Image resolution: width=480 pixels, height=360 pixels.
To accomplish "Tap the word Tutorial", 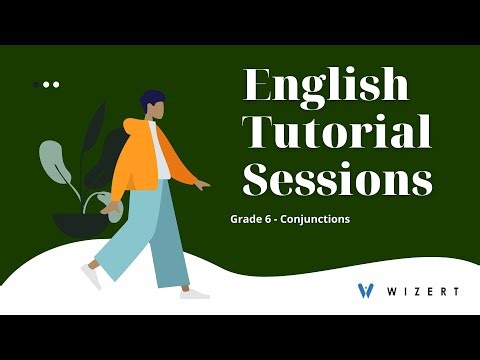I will pos(338,132).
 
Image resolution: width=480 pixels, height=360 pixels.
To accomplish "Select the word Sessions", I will pos(338,181).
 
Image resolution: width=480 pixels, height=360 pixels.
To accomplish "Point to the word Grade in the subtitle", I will pos(244,218).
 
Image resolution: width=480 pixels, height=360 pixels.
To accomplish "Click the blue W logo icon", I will pos(366,291).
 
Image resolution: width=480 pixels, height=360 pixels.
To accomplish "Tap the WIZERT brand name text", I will pos(423,291).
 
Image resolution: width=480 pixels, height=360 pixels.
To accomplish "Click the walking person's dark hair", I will pos(152,99).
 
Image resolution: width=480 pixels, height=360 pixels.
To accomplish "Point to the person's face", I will pos(158,111).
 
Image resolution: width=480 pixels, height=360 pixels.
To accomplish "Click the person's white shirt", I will pos(161,150).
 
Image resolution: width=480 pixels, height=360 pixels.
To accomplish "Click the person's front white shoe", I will pos(194,293).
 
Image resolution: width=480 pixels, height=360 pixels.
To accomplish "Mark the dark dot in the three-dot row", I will pos(37,85).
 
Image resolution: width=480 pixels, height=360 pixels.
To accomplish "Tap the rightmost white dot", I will pos(56,85).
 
